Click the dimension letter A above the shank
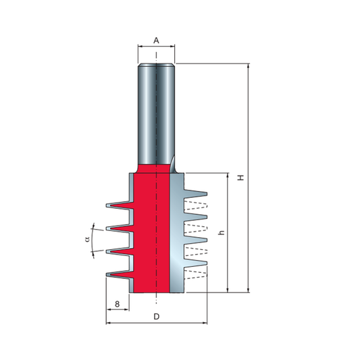click(x=156, y=41)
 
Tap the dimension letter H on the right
click(x=241, y=178)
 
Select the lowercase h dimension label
click(x=221, y=232)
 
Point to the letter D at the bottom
click(x=156, y=317)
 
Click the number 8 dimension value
click(x=117, y=304)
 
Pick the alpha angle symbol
click(x=87, y=240)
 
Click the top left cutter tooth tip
click(x=107, y=205)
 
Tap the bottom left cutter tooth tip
click(x=107, y=275)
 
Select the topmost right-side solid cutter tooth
click(x=195, y=194)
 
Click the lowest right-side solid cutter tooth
click(x=195, y=263)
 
